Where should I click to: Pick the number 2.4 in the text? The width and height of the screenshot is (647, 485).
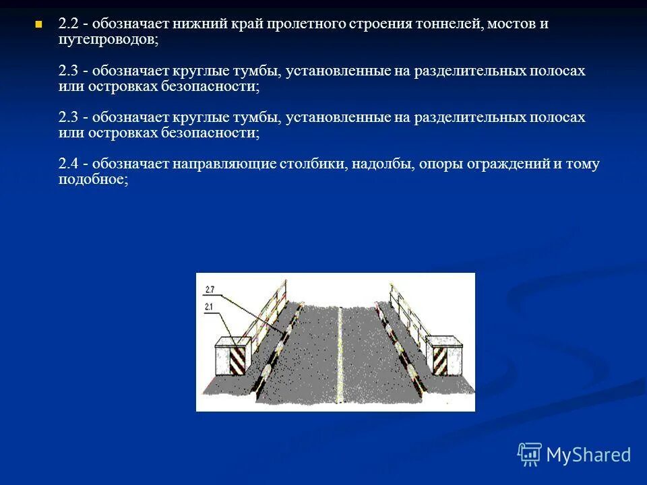click(68, 164)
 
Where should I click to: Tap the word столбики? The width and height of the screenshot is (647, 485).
click(309, 164)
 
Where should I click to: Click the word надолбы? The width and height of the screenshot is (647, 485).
click(382, 164)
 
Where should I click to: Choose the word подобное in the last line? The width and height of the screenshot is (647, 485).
click(92, 180)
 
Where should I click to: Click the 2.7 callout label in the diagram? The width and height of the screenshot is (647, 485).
click(209, 290)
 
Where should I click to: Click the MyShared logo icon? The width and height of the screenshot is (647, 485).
click(530, 455)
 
